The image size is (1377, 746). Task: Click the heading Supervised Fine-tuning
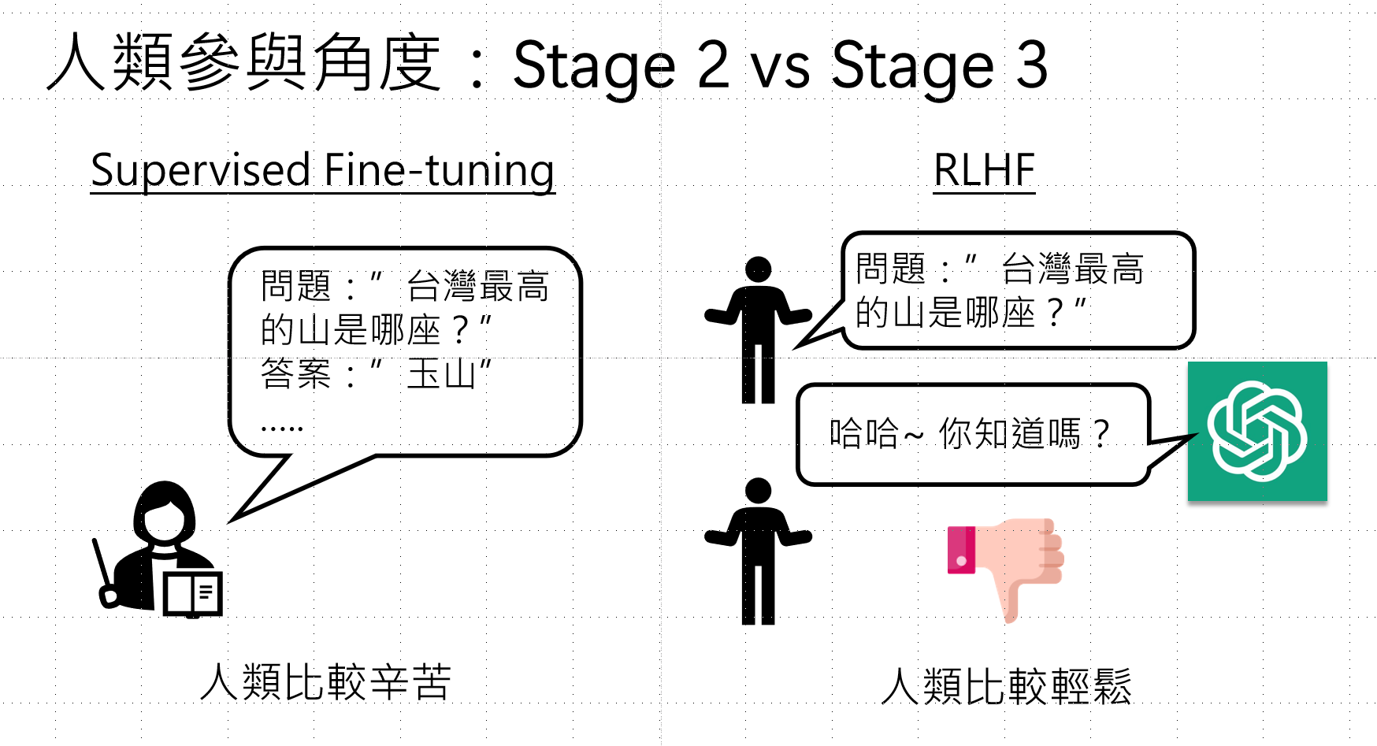[322, 170]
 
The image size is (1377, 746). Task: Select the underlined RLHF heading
[984, 170]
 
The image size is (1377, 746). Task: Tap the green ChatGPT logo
[1257, 431]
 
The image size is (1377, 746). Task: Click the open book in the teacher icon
[193, 593]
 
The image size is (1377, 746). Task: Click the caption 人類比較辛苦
[326, 682]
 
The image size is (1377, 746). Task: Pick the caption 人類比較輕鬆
[1006, 686]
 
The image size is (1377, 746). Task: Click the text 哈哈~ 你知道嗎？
[970, 433]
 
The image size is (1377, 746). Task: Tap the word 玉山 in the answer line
[441, 374]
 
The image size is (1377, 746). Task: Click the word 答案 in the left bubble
[295, 374]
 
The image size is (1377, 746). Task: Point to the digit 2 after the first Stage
[714, 65]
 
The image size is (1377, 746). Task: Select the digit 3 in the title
[1032, 65]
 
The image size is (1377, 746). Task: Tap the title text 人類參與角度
[244, 63]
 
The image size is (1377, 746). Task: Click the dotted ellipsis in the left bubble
[281, 429]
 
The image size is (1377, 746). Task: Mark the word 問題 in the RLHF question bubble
[890, 269]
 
